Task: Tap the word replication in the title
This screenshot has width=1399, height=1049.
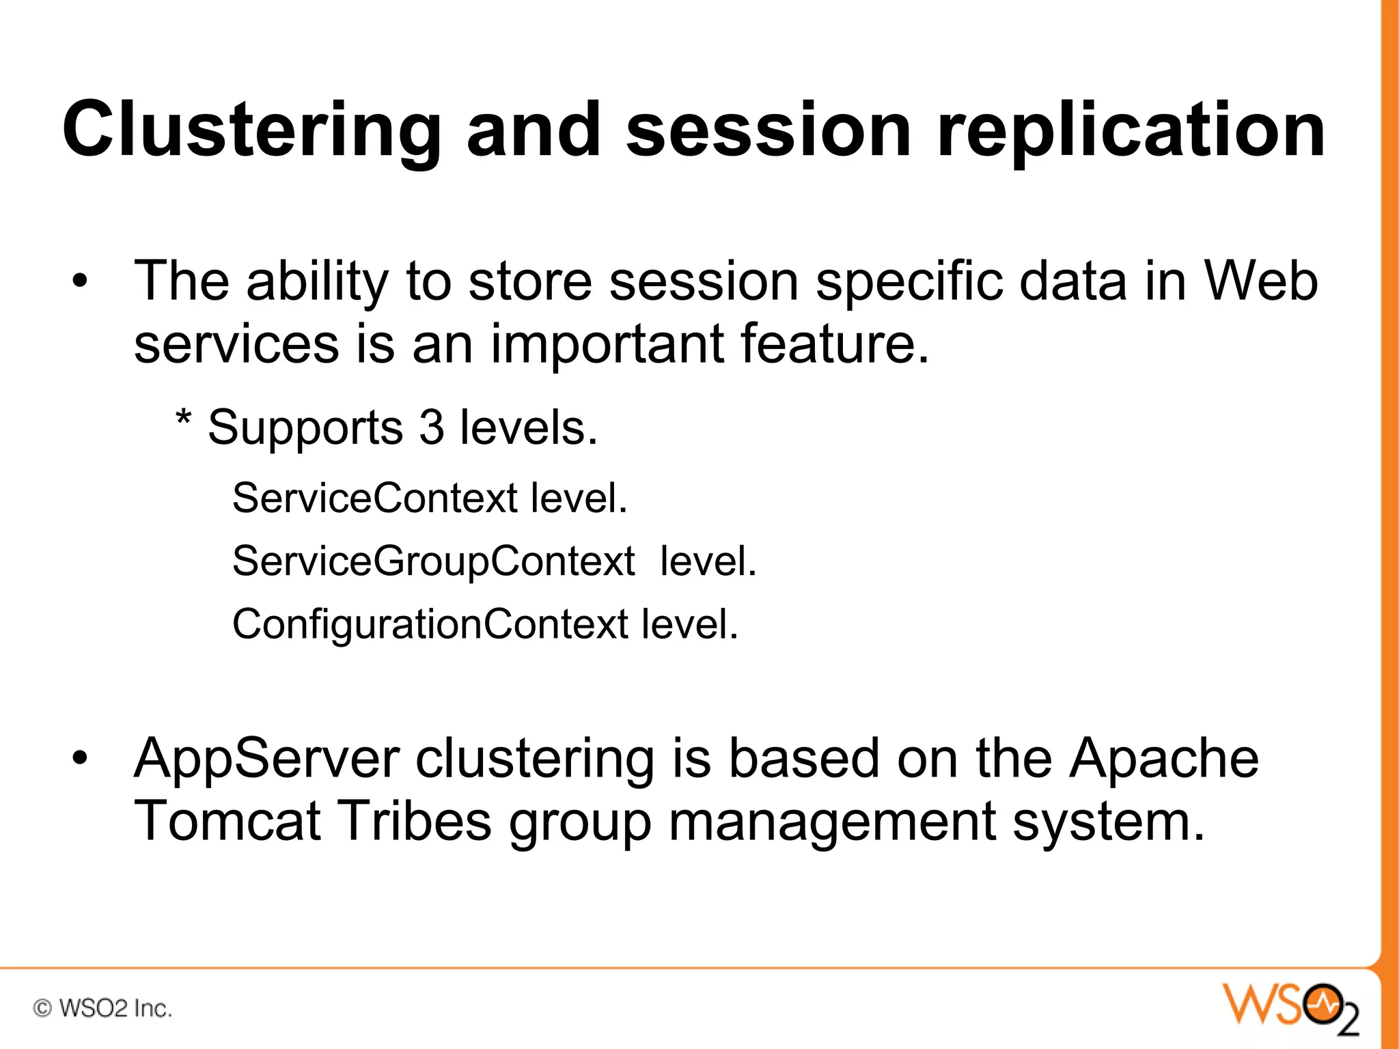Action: (1131, 130)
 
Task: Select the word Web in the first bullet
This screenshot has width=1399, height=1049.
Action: (1260, 281)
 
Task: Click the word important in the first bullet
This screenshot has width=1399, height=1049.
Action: (607, 344)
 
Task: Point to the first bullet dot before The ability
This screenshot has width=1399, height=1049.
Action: (80, 281)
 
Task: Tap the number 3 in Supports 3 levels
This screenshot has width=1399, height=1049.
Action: (432, 428)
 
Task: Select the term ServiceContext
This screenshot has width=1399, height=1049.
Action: (374, 498)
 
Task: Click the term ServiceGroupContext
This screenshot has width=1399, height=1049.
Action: (434, 561)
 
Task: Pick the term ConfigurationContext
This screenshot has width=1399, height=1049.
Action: (430, 624)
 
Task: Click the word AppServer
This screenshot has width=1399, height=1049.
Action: (266, 758)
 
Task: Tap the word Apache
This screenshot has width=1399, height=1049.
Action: (1163, 758)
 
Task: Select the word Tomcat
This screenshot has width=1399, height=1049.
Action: (227, 821)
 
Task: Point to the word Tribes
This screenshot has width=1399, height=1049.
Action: (415, 821)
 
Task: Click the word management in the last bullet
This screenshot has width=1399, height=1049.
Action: (831, 821)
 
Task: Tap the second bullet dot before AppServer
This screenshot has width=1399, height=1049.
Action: (80, 758)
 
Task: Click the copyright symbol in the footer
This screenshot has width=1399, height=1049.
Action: (42, 1008)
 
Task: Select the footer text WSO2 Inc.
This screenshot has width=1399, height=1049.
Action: (115, 1008)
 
